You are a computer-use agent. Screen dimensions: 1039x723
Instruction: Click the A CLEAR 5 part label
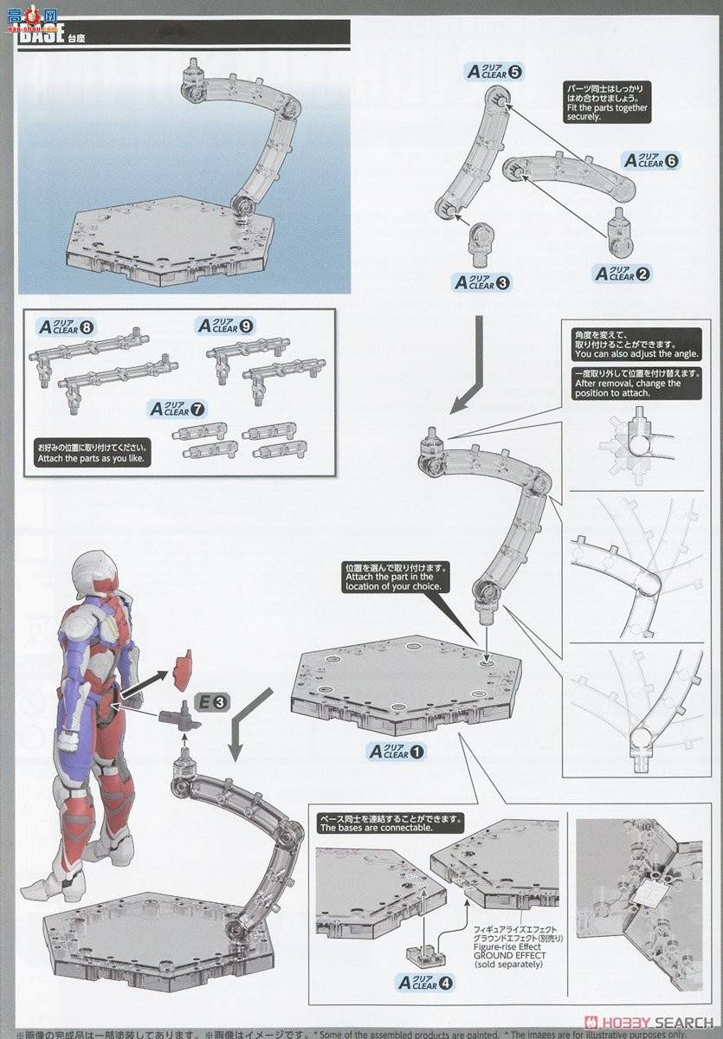(494, 72)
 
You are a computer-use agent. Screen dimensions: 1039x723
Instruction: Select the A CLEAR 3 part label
(483, 282)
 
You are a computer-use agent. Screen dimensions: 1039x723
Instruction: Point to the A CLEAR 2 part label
(621, 274)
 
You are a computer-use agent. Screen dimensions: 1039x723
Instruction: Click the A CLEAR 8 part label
(66, 327)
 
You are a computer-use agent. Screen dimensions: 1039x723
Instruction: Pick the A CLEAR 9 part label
(224, 326)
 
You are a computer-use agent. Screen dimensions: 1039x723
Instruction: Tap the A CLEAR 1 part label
(397, 752)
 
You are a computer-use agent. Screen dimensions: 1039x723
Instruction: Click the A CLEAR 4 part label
(424, 982)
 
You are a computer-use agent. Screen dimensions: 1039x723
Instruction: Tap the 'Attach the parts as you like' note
(91, 453)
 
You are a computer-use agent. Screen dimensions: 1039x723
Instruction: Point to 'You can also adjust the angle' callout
(635, 343)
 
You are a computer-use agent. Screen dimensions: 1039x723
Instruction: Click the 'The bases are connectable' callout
(390, 823)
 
